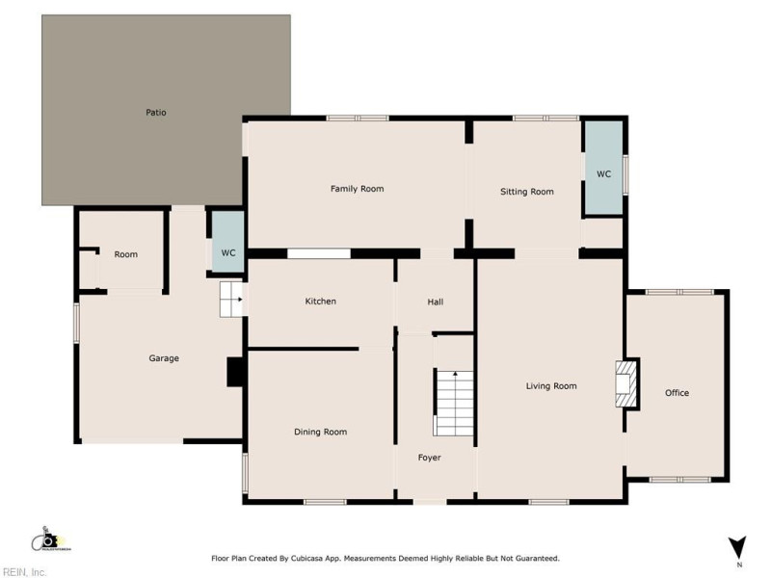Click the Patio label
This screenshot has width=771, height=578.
tap(156, 113)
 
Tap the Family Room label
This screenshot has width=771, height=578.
tap(357, 189)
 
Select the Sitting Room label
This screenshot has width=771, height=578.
tap(526, 192)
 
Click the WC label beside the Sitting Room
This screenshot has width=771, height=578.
tap(603, 174)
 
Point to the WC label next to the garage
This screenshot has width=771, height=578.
tap(228, 253)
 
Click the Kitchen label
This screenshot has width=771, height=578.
tap(320, 302)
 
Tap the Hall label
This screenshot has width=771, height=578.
tap(435, 302)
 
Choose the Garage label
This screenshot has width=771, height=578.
tap(164, 358)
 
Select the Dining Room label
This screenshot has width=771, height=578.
tap(320, 432)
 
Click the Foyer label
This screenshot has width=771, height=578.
tap(429, 458)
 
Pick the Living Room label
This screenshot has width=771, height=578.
tap(550, 386)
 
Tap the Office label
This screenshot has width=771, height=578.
tap(677, 393)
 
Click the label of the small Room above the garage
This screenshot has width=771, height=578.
tap(125, 254)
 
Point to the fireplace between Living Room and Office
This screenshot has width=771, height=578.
tap(626, 381)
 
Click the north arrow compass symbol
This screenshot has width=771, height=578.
tap(737, 546)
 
